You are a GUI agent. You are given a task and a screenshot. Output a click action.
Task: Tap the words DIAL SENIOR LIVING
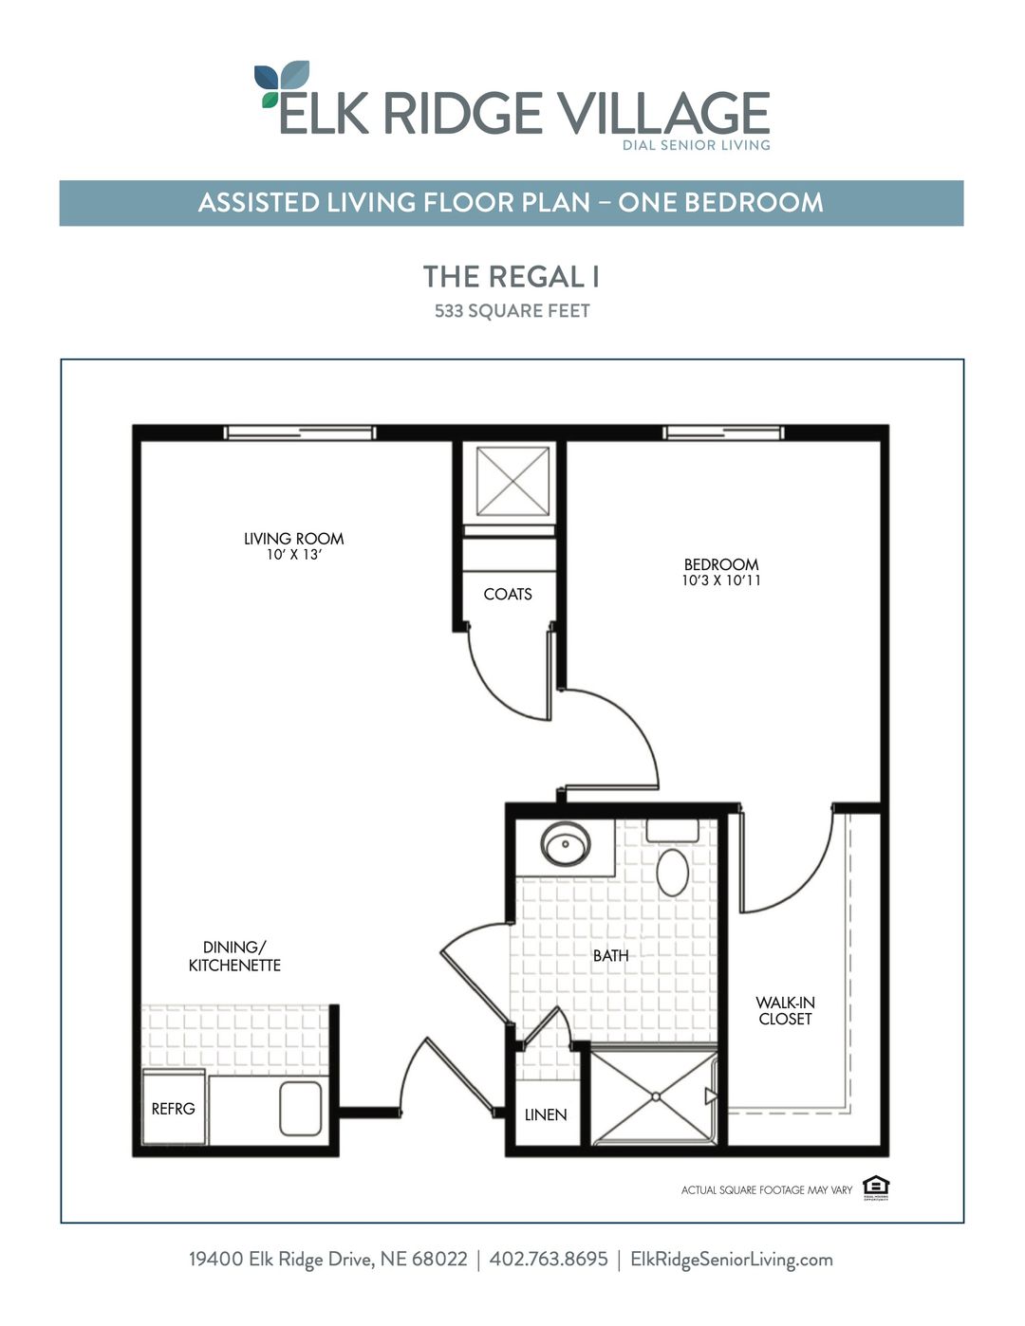(696, 145)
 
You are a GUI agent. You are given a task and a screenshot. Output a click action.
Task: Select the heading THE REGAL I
(512, 277)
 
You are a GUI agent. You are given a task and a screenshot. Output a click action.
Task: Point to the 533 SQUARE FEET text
(512, 311)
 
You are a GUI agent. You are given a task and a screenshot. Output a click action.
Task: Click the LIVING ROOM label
(293, 539)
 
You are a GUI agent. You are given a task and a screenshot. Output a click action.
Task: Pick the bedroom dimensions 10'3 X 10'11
(720, 580)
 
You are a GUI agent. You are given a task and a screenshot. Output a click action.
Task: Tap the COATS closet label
(508, 595)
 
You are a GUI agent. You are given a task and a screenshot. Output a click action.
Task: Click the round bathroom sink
(566, 843)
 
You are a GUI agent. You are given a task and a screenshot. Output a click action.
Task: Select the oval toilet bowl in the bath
(673, 873)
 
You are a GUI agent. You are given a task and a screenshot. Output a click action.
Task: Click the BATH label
(610, 955)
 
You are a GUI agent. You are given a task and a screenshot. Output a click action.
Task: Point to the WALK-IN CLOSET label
(785, 1011)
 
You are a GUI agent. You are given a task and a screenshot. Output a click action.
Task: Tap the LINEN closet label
(546, 1114)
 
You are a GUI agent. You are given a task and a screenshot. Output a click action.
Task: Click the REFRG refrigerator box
(174, 1108)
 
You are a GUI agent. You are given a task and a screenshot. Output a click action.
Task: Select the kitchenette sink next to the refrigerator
(301, 1108)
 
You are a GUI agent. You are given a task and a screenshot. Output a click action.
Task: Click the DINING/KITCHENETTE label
(234, 956)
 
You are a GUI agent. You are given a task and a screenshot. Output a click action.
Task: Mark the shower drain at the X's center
(655, 1096)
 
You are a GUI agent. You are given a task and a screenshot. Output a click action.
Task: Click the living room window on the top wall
(300, 433)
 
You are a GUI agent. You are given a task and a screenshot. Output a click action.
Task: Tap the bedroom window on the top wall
(723, 433)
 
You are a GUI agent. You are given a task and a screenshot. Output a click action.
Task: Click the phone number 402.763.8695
(549, 1260)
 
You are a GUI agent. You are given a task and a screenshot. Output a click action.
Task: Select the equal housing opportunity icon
(875, 1187)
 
